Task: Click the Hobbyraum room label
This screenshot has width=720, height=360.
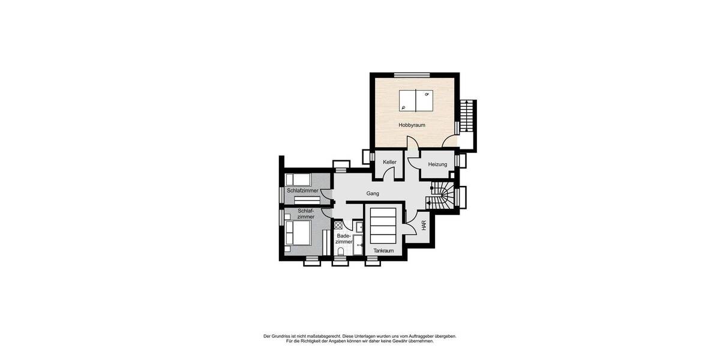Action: coord(412,125)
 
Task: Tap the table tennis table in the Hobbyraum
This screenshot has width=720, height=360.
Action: coord(415,100)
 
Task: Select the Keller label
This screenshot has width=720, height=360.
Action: coord(390,162)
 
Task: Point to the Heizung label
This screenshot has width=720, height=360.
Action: coord(437,164)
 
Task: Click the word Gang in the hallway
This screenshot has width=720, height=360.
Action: coord(373,194)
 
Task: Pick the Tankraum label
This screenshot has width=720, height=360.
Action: coord(383,251)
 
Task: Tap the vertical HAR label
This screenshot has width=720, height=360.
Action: coord(424,226)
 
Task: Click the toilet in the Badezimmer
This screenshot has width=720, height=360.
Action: coord(341,251)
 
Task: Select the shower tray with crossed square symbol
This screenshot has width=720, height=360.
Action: coord(338,226)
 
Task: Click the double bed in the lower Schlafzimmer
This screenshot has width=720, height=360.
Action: coord(298,233)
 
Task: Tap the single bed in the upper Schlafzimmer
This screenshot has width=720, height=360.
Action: coord(298,179)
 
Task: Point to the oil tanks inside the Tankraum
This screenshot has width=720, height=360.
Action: coord(383,226)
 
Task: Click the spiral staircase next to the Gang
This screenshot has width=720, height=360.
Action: coord(443,196)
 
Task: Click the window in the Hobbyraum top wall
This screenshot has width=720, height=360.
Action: coord(412,74)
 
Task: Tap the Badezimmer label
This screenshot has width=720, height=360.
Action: coord(344,239)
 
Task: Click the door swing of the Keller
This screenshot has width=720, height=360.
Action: coord(390,174)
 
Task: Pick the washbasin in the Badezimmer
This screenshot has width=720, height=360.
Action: coord(358,227)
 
